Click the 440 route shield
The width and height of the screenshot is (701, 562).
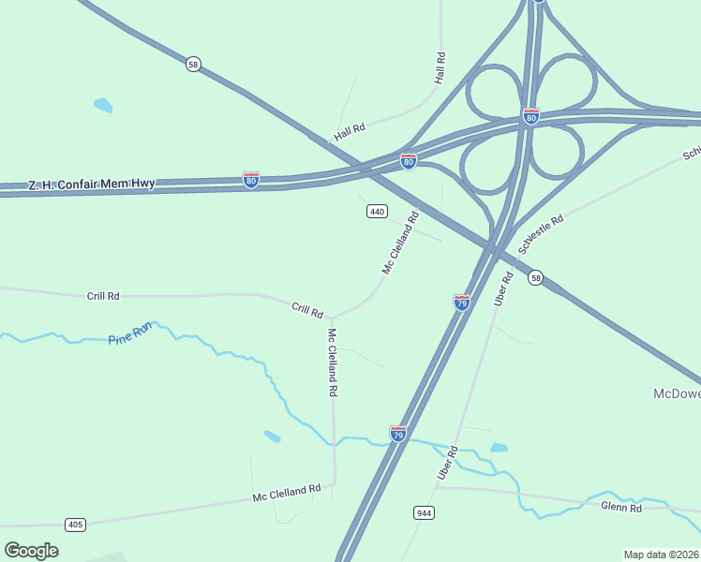point(377,212)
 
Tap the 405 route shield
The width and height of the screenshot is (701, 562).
point(76,524)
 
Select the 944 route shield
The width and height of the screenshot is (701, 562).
point(423,512)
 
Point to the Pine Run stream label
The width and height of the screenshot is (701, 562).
point(129,332)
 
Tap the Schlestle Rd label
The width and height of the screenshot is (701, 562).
point(542,233)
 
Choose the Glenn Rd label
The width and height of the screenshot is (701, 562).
point(621,508)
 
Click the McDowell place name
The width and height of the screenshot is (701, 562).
point(677,393)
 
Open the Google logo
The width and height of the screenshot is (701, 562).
point(31,550)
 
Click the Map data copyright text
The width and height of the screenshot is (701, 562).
point(662,555)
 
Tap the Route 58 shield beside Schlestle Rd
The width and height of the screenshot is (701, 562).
point(534,278)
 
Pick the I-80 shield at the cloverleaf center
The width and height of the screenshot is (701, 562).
point(530,116)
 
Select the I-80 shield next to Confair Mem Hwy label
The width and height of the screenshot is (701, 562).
point(250,179)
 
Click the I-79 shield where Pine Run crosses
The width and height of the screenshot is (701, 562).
point(398,434)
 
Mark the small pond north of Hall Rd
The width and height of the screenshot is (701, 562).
point(102,105)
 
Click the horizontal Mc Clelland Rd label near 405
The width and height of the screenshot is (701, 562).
point(287,493)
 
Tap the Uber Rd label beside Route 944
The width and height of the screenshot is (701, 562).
point(447,463)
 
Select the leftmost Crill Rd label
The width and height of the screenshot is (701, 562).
point(103,296)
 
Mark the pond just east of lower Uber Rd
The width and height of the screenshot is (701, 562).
point(499,448)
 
